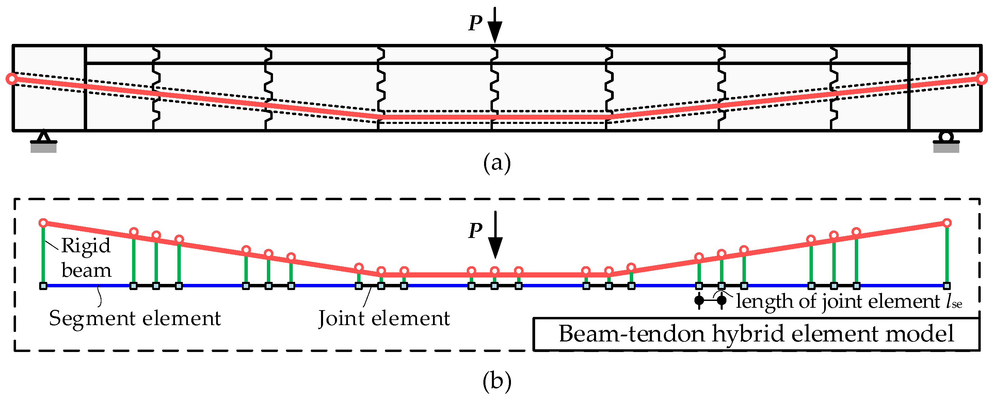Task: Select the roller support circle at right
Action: point(946,137)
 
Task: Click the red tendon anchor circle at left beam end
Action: point(12,79)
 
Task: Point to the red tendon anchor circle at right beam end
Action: point(982,79)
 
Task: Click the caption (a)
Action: point(497,163)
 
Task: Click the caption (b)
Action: point(497,381)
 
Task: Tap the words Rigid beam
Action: point(86,258)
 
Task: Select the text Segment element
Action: point(135,319)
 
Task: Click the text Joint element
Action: point(384,319)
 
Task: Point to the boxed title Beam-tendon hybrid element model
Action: point(756,334)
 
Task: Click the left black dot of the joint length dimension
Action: point(699,300)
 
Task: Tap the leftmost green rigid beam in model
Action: point(43,255)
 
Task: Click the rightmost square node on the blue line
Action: point(947,286)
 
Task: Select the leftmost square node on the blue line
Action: point(43,286)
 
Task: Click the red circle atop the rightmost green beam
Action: point(947,223)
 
